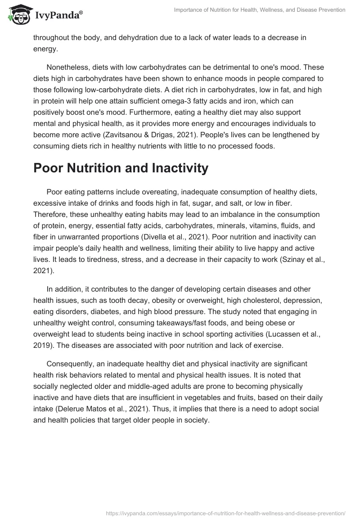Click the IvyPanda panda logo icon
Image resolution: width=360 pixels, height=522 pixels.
17,14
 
